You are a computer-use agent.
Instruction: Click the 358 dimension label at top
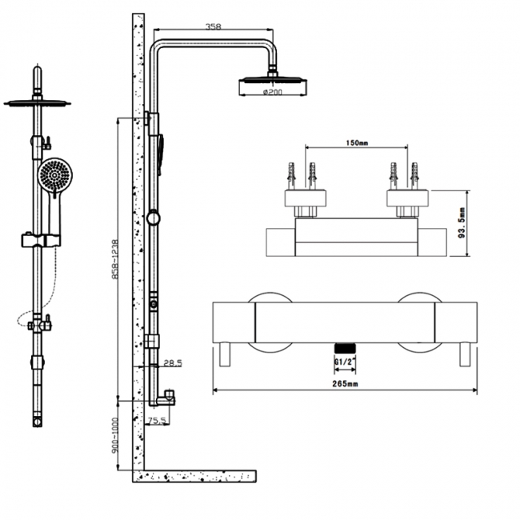click(212, 27)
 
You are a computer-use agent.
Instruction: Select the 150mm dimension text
click(358, 143)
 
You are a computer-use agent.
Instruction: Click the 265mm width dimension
click(345, 385)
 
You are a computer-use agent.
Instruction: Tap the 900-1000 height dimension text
click(117, 435)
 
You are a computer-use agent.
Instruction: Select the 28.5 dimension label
click(172, 363)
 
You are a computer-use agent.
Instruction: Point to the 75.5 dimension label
click(158, 419)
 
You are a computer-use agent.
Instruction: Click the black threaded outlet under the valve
click(343, 348)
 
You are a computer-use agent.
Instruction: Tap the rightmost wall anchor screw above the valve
click(415, 174)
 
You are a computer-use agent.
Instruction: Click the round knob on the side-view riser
click(154, 218)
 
